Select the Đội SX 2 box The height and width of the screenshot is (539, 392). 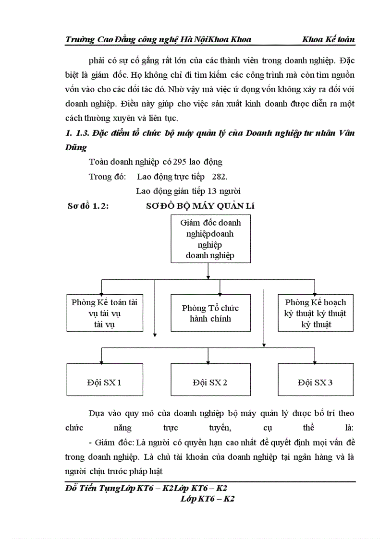pyautogui.click(x=210, y=383)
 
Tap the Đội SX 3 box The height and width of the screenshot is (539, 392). pyautogui.click(x=315, y=383)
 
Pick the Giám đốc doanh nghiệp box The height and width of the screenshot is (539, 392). pyautogui.click(x=210, y=239)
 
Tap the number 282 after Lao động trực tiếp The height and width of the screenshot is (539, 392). pyautogui.click(x=212, y=176)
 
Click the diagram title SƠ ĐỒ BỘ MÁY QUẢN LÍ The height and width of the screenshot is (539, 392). pyautogui.click(x=200, y=206)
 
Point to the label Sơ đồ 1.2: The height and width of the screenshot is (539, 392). pyautogui.click(x=89, y=206)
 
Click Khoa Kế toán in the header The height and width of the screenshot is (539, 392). pyautogui.click(x=329, y=39)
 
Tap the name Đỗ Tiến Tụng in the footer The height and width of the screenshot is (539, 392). pyautogui.click(x=88, y=489)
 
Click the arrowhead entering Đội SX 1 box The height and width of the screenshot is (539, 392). pyautogui.click(x=101, y=361)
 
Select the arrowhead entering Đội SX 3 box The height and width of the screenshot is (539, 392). pyautogui.click(x=315, y=361)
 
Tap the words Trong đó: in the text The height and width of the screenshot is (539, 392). pyautogui.click(x=107, y=176)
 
